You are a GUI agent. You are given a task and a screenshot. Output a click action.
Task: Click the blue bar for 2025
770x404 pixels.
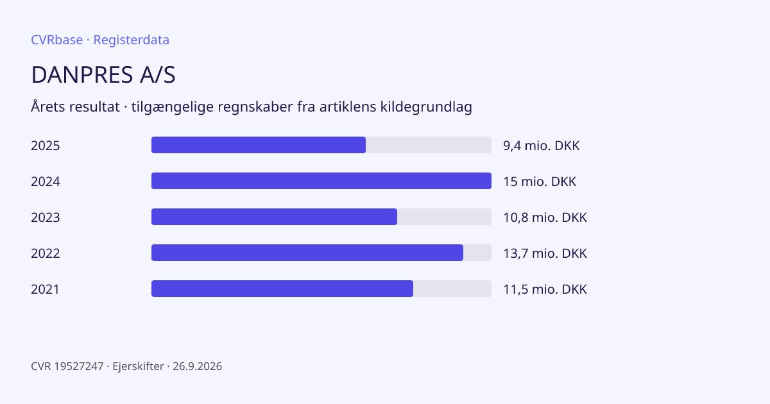[259, 145]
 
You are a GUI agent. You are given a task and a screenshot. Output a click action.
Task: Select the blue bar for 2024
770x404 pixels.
[321, 181]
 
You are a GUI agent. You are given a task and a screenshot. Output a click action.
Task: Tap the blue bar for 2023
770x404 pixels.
[275, 217]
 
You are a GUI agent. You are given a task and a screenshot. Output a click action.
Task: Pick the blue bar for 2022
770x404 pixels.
[307, 253]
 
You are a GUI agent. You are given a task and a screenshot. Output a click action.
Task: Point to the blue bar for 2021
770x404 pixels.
[282, 289]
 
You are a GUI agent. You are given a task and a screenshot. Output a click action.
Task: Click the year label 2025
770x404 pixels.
[46, 146]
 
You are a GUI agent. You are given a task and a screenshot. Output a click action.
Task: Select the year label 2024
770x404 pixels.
[46, 181]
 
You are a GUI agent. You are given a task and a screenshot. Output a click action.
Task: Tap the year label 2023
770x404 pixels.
[46, 217]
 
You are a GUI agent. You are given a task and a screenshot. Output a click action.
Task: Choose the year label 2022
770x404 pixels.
[46, 253]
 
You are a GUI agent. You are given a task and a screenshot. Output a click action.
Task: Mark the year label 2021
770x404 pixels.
[45, 289]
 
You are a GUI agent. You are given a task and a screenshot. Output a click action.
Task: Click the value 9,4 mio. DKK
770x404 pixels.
[542, 146]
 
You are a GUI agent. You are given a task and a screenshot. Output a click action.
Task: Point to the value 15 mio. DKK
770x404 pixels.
[540, 181]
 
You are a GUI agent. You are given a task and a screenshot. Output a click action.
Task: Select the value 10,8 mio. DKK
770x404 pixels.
[545, 217]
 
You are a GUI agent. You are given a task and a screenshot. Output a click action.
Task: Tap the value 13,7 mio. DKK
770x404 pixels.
[545, 253]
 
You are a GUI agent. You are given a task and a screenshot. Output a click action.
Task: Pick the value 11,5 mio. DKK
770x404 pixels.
[545, 289]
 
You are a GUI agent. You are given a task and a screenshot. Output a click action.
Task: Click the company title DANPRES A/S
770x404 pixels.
[103, 74]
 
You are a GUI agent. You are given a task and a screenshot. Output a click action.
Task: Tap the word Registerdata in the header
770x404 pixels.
[132, 40]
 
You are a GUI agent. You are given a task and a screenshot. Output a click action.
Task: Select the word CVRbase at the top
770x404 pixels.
[56, 40]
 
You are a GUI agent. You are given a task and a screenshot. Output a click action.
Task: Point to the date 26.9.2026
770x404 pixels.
[198, 366]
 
